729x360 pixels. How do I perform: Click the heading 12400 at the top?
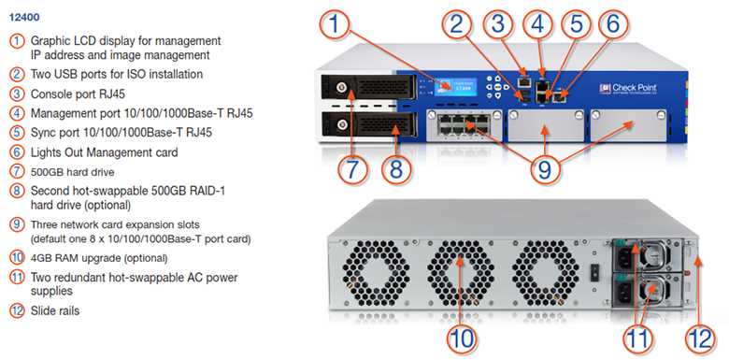click(24, 17)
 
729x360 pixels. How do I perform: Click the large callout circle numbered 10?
click(461, 336)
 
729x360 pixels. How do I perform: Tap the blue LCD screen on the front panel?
click(451, 83)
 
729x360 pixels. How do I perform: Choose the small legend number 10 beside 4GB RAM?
click(16, 257)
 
